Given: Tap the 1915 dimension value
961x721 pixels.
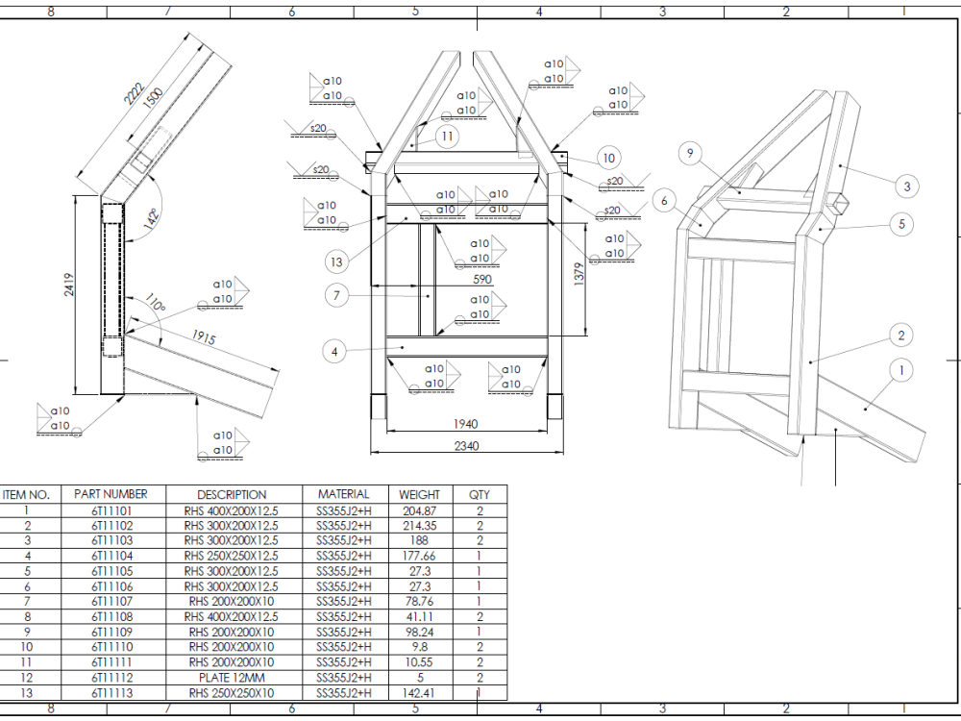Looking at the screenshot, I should click(202, 337).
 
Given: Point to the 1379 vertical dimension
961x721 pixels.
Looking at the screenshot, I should click(604, 276).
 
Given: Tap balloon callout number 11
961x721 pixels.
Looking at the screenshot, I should click(447, 137).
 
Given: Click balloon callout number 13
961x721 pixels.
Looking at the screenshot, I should click(334, 261).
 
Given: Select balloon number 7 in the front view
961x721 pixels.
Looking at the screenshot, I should click(336, 296).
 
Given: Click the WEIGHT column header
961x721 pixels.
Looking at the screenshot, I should click(419, 494).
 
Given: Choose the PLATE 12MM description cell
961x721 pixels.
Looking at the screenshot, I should click(231, 678).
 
